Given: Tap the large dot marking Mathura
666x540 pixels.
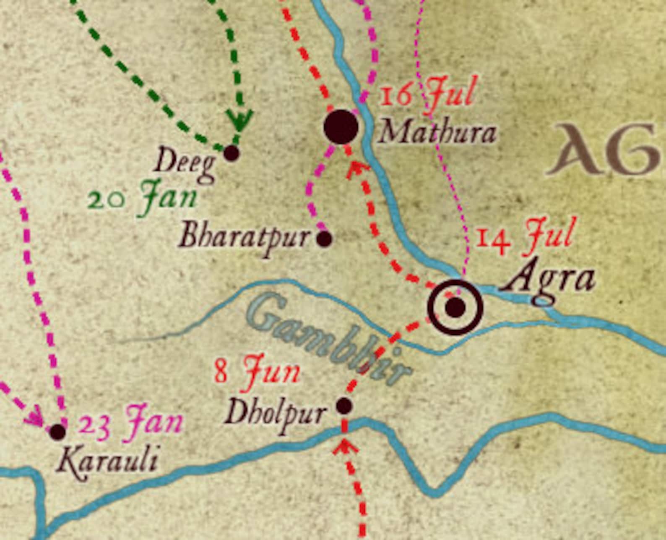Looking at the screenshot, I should pos(341,126).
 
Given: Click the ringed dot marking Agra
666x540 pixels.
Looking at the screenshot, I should pos(455,307).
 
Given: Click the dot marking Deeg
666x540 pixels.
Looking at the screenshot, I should pos(231,153).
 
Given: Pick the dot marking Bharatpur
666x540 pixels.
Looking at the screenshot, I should pos(324,239).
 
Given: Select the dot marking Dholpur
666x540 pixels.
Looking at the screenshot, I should pos(344,406).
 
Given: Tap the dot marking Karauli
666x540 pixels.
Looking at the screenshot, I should pos(58,431).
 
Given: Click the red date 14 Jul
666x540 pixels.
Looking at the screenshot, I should pos(524,236).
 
